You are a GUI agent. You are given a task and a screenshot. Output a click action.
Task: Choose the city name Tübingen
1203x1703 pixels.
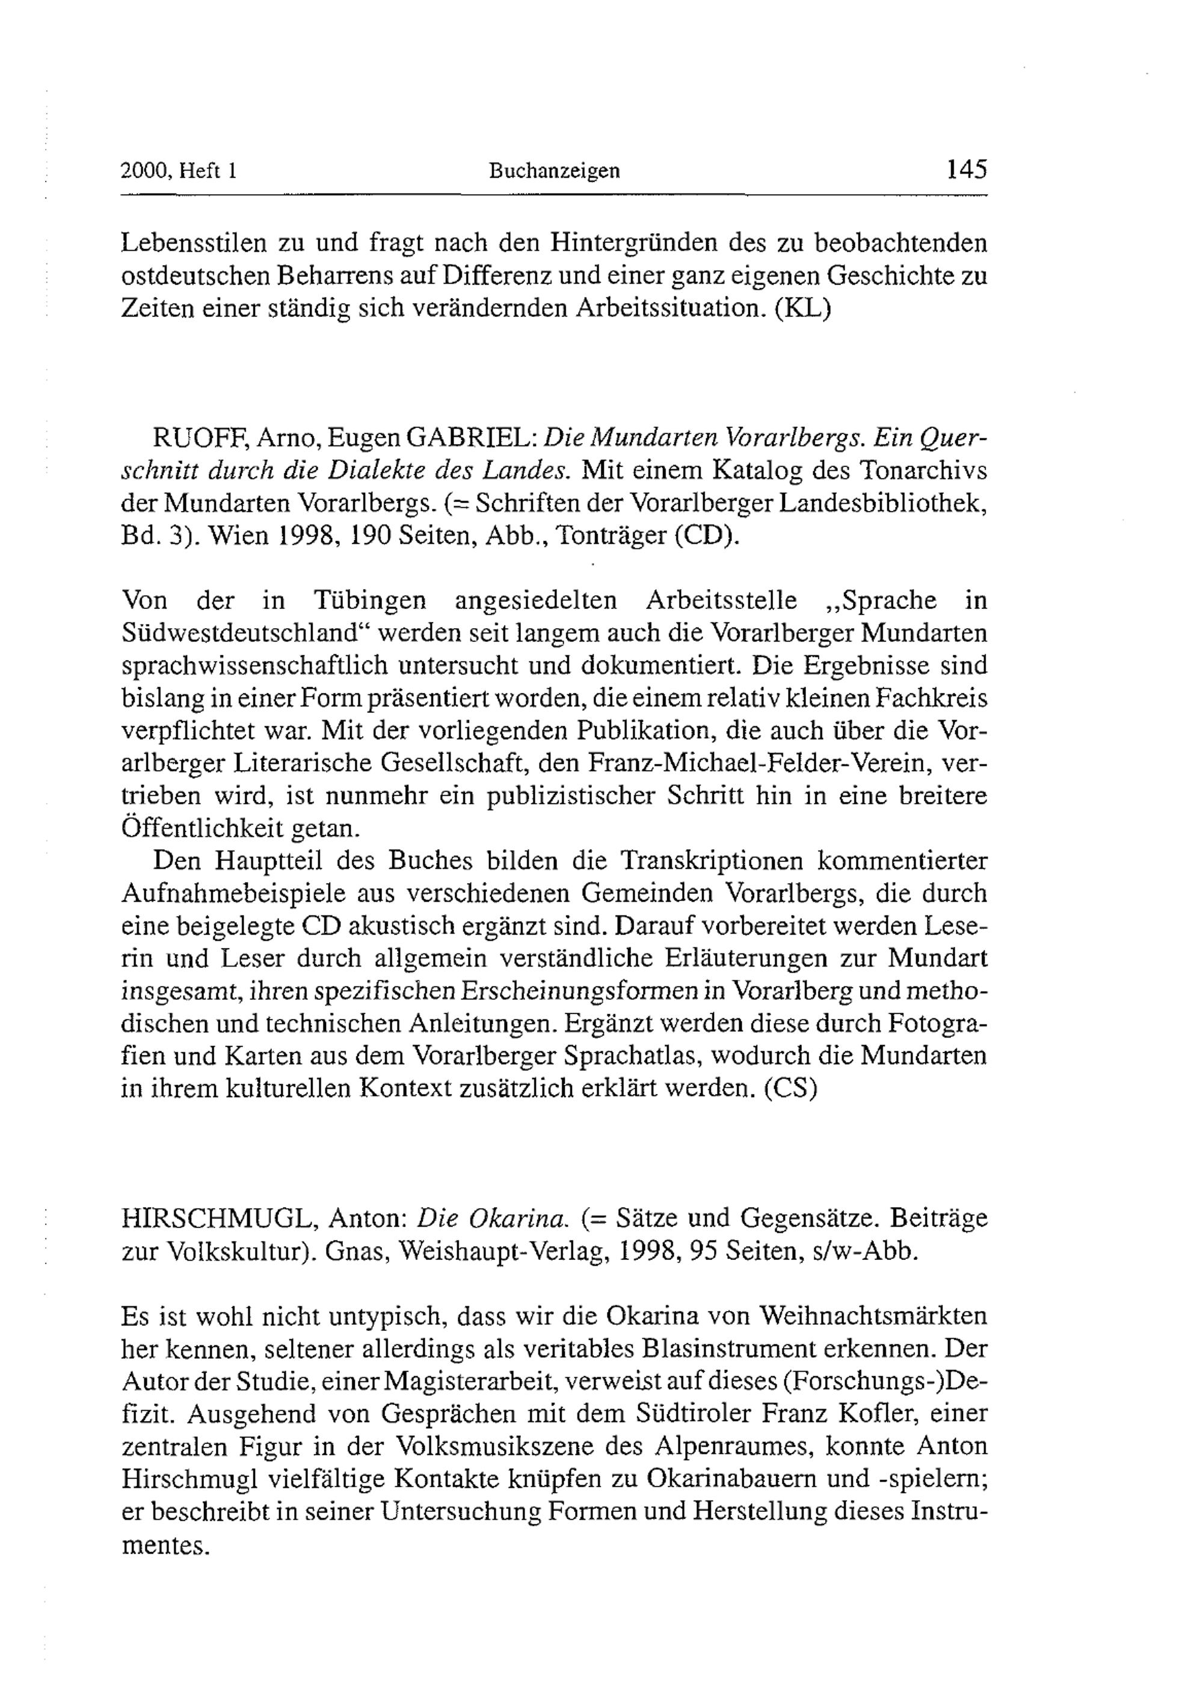[369, 599]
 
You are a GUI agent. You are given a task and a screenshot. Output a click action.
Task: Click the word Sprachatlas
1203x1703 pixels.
[670, 1056]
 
